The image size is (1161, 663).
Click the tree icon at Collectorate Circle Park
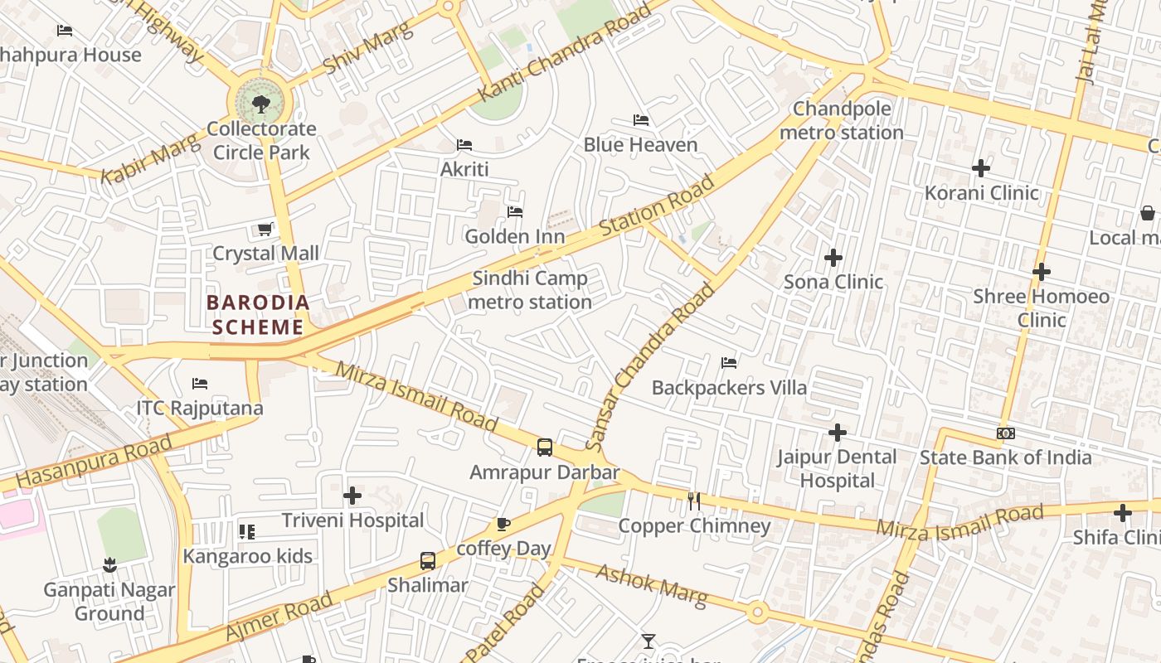tap(261, 104)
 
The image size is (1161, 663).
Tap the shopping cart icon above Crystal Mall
tap(265, 229)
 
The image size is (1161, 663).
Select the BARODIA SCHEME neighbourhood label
tap(258, 315)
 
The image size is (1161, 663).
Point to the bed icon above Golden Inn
tap(515, 212)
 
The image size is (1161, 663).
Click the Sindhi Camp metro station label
tap(530, 290)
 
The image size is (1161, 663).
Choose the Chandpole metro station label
tap(842, 120)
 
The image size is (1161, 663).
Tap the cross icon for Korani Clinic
tap(981, 168)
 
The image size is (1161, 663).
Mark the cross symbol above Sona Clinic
tap(833, 258)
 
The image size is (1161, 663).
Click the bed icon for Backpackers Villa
tap(729, 363)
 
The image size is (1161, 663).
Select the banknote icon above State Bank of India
tap(1005, 433)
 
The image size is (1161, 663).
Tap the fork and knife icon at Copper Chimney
tap(694, 501)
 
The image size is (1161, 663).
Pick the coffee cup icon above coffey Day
tap(503, 524)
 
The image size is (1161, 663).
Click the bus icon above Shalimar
tap(428, 561)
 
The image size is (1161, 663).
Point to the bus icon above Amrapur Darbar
tap(545, 448)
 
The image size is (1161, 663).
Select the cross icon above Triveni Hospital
tap(352, 496)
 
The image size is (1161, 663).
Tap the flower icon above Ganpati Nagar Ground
tap(109, 565)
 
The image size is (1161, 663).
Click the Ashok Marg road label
tap(652, 584)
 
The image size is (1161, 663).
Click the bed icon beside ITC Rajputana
tap(200, 384)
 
